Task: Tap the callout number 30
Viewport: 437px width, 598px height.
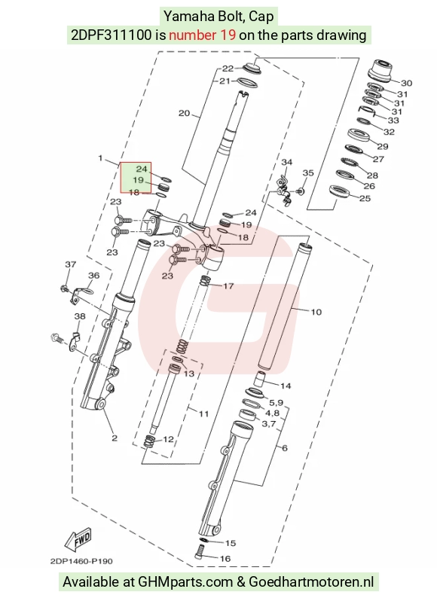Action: (x=406, y=83)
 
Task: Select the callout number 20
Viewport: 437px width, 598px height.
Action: (x=185, y=113)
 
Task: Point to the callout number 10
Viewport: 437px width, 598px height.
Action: (x=316, y=312)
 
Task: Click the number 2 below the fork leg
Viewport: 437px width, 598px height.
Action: (x=115, y=438)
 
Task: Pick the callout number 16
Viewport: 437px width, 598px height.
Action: (x=225, y=558)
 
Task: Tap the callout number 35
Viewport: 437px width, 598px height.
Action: (x=308, y=172)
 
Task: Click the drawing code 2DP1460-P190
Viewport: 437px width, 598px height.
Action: (x=81, y=561)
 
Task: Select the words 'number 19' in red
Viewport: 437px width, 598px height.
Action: (x=202, y=35)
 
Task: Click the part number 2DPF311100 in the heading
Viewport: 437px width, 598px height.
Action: (x=111, y=35)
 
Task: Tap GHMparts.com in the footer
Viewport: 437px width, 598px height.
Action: (x=185, y=582)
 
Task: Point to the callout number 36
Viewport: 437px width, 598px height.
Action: (x=93, y=276)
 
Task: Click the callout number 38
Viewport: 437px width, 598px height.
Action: (x=80, y=316)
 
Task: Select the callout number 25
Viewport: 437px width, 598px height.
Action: (x=365, y=198)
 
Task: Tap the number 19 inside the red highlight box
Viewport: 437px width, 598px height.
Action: (x=138, y=179)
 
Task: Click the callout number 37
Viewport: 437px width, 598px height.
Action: (x=71, y=264)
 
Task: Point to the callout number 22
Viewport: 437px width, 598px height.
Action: (x=228, y=69)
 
